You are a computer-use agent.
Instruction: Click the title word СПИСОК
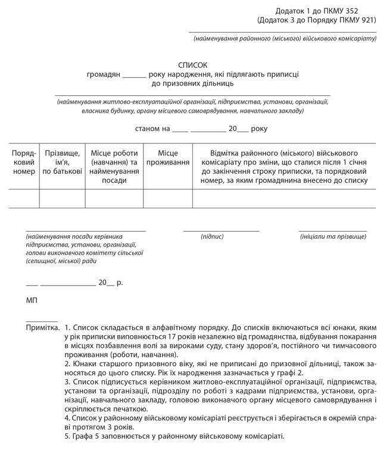(193, 65)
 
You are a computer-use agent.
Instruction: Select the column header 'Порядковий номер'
(24, 162)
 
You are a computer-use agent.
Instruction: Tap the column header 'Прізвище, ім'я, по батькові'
(63, 162)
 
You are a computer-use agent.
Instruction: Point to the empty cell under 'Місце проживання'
(168, 198)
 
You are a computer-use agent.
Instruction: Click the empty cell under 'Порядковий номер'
(24, 198)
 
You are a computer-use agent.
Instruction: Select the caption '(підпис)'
(213, 236)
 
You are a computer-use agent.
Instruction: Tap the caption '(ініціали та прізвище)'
(333, 236)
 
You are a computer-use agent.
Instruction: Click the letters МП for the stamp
(32, 301)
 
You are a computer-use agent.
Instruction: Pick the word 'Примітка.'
(43, 328)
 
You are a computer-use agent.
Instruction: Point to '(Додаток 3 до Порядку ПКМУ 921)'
(317, 20)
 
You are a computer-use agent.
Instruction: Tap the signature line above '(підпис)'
(221, 230)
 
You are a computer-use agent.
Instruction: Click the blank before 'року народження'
(134, 75)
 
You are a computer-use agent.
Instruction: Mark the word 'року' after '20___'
(259, 129)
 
